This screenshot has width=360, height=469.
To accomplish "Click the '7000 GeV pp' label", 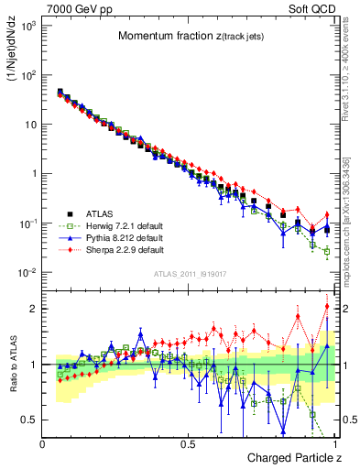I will pos(72,7).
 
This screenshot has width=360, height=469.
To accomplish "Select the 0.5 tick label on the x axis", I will pos(189,443).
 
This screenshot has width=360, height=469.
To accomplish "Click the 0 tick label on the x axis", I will pos(43,443).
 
